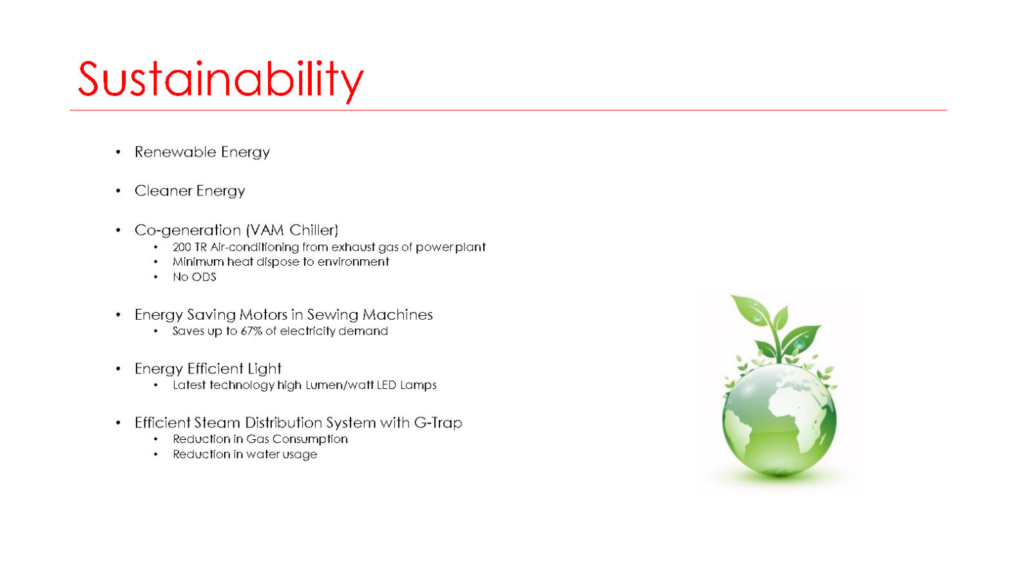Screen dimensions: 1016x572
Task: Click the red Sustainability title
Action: point(221,81)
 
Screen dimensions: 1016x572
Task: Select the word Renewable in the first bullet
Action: point(175,152)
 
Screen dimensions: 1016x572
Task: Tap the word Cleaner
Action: point(163,191)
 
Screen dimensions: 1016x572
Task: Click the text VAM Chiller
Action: point(292,230)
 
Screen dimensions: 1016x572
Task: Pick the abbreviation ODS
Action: point(203,277)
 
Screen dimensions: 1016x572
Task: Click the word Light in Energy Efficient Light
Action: point(264,369)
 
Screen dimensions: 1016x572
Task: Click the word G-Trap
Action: point(437,422)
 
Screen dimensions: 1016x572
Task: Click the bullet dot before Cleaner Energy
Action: point(119,191)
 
